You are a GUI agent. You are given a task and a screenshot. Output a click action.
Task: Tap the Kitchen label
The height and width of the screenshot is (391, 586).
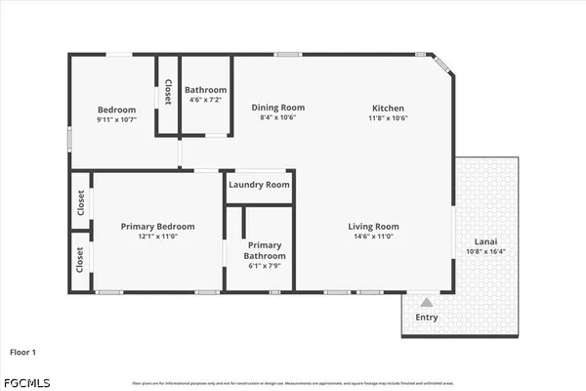(x=388, y=108)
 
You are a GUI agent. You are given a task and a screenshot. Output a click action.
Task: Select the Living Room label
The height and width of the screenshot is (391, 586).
(x=374, y=227)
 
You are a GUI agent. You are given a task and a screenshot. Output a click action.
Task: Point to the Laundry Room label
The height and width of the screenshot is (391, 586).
(x=259, y=185)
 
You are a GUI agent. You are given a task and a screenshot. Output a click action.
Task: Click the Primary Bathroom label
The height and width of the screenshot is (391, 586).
(x=264, y=250)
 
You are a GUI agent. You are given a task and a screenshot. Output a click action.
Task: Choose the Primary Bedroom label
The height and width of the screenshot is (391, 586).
(x=157, y=226)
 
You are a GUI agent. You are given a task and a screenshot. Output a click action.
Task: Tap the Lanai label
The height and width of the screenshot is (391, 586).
(x=487, y=241)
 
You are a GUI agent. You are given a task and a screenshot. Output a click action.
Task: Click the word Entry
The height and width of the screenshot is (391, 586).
(x=427, y=317)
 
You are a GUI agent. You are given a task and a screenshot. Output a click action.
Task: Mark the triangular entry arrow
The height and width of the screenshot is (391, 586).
(x=427, y=301)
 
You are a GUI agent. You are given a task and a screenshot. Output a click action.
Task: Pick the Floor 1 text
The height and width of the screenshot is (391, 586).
(x=24, y=351)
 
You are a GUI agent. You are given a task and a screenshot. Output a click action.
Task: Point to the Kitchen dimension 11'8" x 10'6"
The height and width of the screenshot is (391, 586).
(x=388, y=118)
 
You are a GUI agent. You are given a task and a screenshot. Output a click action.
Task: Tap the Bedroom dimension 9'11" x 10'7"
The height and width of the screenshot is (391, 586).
(x=116, y=119)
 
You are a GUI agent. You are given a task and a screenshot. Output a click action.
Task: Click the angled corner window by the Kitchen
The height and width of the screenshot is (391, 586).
(x=442, y=64)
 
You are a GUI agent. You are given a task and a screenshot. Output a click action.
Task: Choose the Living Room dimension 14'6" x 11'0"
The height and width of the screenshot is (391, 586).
(x=374, y=237)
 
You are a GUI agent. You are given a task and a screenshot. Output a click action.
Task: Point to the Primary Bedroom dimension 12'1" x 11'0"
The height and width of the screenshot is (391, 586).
(x=157, y=237)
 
